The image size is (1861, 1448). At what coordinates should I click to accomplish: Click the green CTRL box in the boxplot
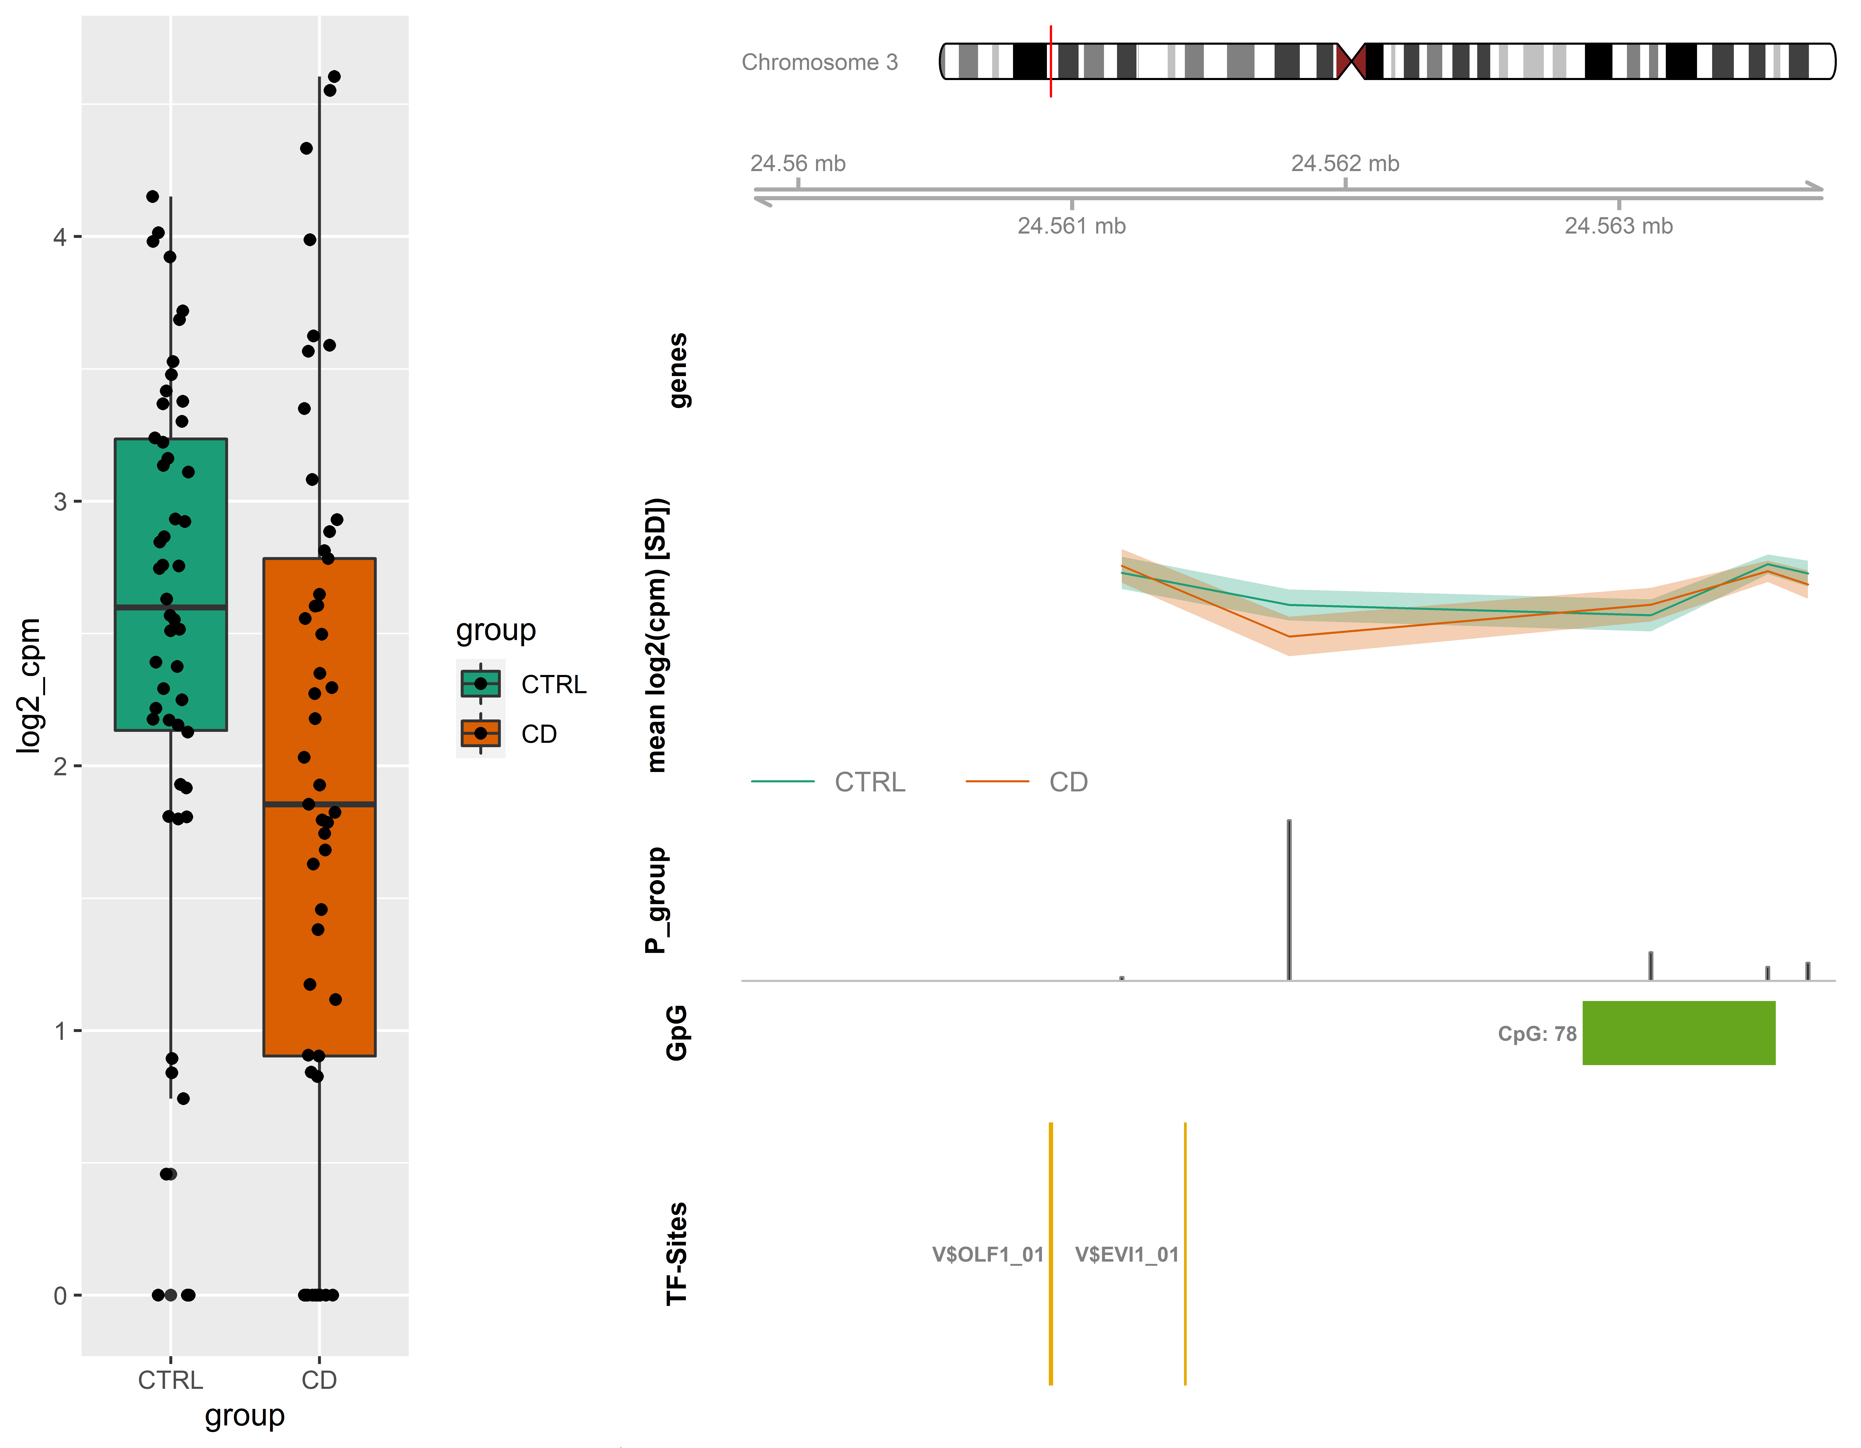[x=170, y=585]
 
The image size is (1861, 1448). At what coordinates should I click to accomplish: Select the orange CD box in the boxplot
[x=319, y=807]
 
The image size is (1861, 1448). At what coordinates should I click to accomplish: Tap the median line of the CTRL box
[x=170, y=607]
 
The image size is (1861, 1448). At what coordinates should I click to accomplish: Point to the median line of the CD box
[x=319, y=804]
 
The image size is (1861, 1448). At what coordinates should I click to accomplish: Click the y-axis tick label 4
[x=60, y=237]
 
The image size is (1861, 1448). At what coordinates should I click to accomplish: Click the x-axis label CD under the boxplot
[x=319, y=1380]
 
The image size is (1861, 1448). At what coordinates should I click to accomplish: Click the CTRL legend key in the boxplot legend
[x=481, y=683]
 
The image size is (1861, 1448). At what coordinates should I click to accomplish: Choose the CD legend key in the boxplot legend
[x=481, y=733]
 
